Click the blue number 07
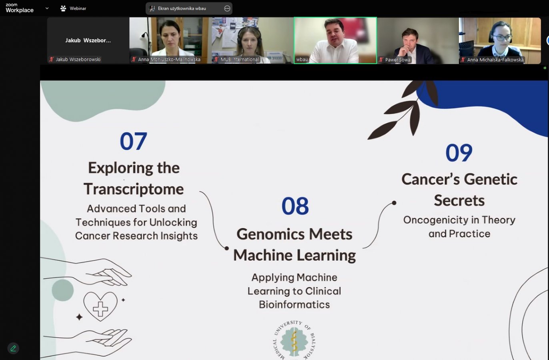(134, 141)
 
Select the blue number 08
(295, 206)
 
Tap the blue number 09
(459, 153)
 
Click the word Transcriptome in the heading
(134, 189)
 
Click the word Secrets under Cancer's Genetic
(459, 200)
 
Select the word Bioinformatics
(294, 304)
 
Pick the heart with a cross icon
(100, 307)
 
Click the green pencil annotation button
(13, 348)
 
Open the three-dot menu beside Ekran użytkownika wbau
(227, 8)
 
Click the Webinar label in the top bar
(78, 8)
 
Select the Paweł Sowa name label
(397, 60)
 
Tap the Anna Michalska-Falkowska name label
(495, 60)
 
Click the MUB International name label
(239, 60)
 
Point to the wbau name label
(302, 60)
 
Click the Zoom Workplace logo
(20, 8)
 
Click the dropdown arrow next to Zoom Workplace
(47, 8)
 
